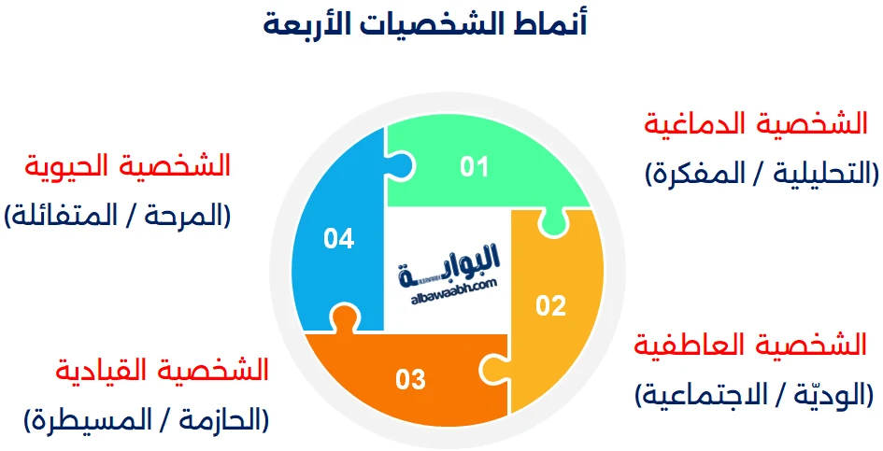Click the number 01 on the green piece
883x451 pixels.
click(475, 167)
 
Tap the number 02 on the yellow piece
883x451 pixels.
click(550, 305)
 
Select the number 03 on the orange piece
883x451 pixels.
click(411, 380)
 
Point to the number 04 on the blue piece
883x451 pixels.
click(338, 239)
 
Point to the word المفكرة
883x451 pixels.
click(695, 174)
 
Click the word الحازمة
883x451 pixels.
click(216, 420)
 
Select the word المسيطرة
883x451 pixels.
click(89, 420)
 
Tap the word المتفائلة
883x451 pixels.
click(61, 217)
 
